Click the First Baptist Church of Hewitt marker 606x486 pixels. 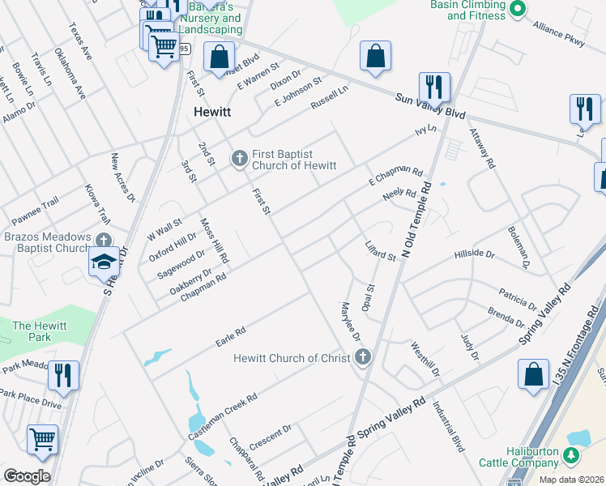tap(239, 158)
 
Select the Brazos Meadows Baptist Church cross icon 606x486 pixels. tap(104, 241)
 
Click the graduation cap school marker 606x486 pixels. tap(104, 262)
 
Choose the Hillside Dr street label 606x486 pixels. tap(474, 254)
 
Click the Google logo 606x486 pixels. tap(27, 476)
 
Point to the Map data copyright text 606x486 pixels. tap(572, 480)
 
